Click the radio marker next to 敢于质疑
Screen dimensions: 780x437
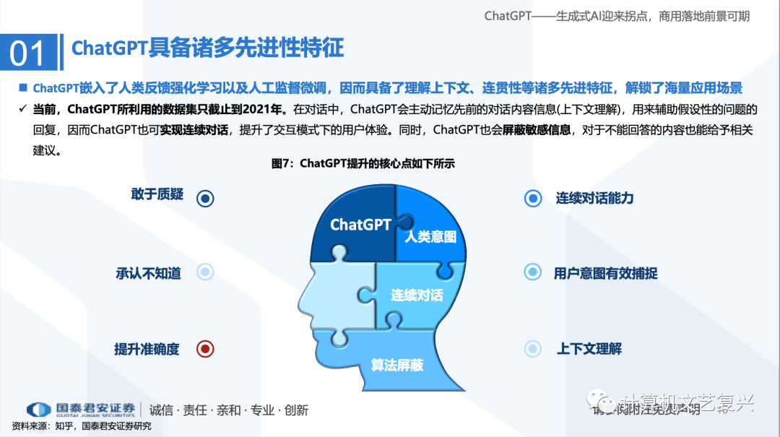point(205,198)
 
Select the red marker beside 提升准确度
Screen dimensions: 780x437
point(205,349)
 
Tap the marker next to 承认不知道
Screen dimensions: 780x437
point(205,272)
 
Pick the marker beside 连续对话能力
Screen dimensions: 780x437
point(533,198)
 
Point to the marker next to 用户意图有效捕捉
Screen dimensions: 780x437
point(533,272)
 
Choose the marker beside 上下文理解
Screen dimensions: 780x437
point(533,349)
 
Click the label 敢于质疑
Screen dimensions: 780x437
point(157,194)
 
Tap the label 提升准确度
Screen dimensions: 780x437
point(147,349)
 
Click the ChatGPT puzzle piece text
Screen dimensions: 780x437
point(360,225)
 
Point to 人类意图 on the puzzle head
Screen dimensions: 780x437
point(430,236)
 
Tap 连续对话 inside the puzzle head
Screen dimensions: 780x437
point(417,295)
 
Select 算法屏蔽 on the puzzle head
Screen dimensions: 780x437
point(396,365)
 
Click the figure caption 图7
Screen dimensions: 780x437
point(363,164)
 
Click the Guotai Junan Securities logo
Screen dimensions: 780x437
point(80,410)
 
